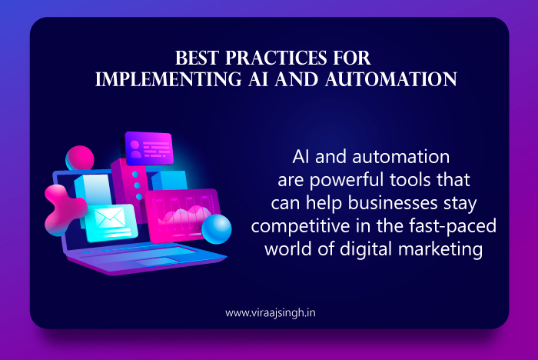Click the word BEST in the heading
click(197, 58)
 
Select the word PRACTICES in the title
click(276, 58)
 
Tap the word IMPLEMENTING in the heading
click(168, 79)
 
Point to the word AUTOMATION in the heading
click(391, 79)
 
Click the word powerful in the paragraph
click(347, 180)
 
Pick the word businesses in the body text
click(393, 202)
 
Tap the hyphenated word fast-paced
click(453, 226)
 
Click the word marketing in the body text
click(440, 249)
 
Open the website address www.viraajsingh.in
click(271, 313)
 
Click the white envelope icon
click(110, 218)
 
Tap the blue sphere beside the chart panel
click(217, 228)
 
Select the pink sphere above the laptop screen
click(80, 158)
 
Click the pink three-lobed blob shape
click(64, 210)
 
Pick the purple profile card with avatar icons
click(149, 148)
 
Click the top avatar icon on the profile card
click(134, 145)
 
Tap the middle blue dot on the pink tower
click(137, 185)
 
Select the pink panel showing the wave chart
click(183, 215)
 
